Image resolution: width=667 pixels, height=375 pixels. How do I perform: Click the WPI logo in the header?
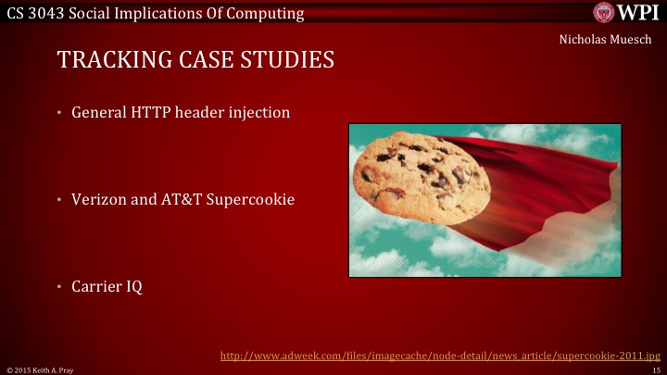point(627,13)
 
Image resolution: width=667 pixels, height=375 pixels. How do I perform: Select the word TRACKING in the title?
point(107,61)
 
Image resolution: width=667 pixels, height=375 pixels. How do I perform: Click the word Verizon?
point(100,199)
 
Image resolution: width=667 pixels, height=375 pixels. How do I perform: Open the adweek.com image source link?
point(439,355)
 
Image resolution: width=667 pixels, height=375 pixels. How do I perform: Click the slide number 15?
point(655,369)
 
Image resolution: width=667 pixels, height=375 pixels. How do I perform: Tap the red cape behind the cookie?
point(556,185)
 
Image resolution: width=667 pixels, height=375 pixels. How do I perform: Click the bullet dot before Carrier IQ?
point(57,287)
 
